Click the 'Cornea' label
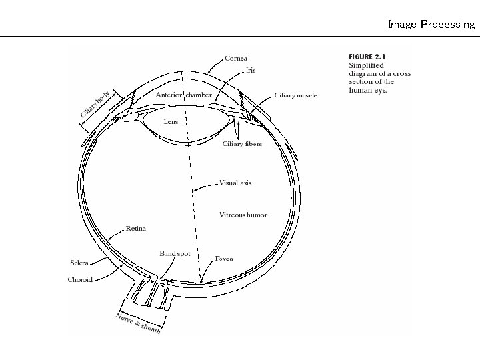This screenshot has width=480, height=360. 236,59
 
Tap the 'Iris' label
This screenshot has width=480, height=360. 251,70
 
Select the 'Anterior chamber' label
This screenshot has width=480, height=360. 183,95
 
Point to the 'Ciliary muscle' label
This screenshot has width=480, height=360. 296,95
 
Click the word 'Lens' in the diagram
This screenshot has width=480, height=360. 171,122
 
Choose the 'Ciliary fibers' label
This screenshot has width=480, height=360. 242,144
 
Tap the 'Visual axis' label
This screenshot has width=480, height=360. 235,183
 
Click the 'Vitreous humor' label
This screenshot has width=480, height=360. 243,215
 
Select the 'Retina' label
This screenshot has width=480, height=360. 136,229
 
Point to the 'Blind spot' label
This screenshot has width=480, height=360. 175,254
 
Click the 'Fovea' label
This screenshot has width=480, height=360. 224,258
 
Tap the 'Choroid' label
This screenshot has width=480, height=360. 79,280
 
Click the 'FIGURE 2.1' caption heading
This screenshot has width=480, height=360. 367,57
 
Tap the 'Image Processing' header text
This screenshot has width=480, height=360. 431,25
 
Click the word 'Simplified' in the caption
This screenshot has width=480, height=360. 366,65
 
